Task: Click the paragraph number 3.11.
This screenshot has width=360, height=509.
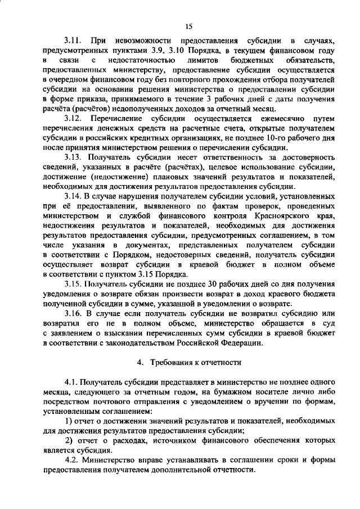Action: pyautogui.click(x=73, y=41)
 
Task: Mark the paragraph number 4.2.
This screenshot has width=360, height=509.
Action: pyautogui.click(x=73, y=460)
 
